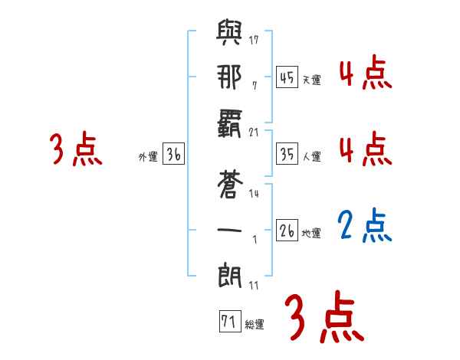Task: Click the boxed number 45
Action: click(x=287, y=77)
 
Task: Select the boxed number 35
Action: click(x=287, y=153)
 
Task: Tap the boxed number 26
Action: click(x=287, y=230)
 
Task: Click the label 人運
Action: click(x=311, y=156)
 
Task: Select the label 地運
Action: click(x=311, y=233)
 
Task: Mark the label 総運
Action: click(x=255, y=325)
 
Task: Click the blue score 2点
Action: click(x=366, y=226)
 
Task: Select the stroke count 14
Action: click(x=255, y=194)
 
